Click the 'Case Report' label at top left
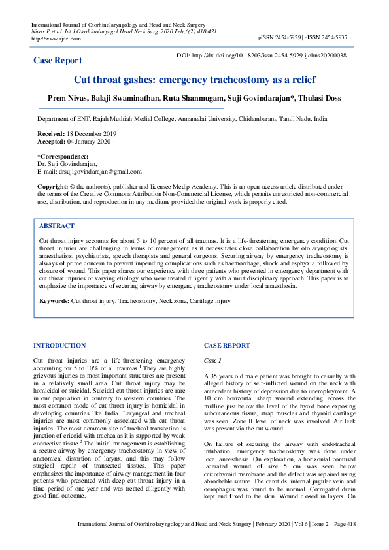pos(58,61)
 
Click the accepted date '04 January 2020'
pos(89,141)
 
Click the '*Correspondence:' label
pos(63,157)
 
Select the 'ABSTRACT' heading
pos(57,225)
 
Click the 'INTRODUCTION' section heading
pos(59,345)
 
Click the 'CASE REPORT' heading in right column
pos(226,345)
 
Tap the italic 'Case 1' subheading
pos(213,361)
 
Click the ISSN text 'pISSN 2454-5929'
pos(280,39)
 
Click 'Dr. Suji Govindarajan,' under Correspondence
pos(67,164)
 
